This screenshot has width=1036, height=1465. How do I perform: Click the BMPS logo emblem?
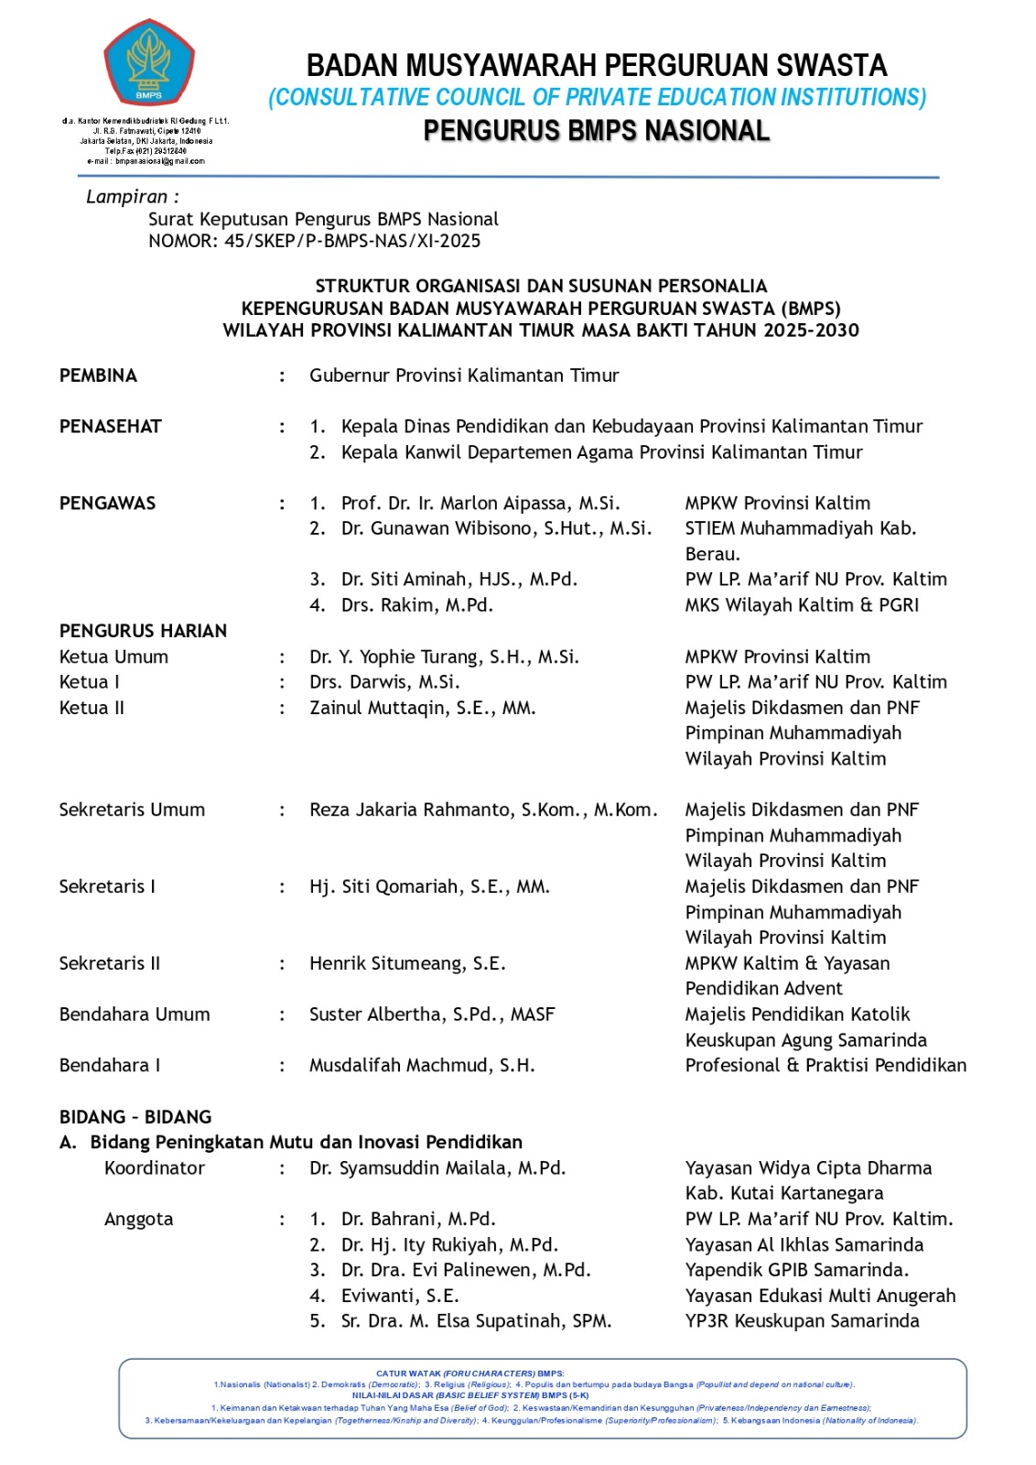[148, 63]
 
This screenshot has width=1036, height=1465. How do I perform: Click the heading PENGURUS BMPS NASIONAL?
[596, 131]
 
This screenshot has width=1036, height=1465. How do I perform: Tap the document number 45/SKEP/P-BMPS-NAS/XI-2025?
[351, 241]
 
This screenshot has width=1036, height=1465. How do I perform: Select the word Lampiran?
[127, 197]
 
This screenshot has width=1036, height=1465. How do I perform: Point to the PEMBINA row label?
[98, 375]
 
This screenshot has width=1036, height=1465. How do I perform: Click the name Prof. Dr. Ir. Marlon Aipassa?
[480, 503]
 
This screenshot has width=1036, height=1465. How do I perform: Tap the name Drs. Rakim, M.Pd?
[416, 604]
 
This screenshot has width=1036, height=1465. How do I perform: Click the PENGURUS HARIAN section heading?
[143, 631]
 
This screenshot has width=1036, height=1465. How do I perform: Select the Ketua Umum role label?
[113, 657]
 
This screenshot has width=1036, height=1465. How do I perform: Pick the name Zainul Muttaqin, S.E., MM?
[422, 708]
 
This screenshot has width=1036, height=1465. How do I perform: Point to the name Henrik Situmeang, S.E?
[407, 963]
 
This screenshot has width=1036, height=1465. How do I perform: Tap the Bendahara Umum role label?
[135, 1015]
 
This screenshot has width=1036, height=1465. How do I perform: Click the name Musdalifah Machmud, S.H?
[422, 1065]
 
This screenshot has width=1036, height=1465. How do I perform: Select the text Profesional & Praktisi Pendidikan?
[826, 1065]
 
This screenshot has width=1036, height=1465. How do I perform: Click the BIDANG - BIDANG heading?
[135, 1117]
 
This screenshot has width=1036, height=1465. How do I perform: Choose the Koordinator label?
[155, 1167]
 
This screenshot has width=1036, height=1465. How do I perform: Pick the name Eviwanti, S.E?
[400, 1296]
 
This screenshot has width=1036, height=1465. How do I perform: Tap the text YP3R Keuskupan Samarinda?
[802, 1320]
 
